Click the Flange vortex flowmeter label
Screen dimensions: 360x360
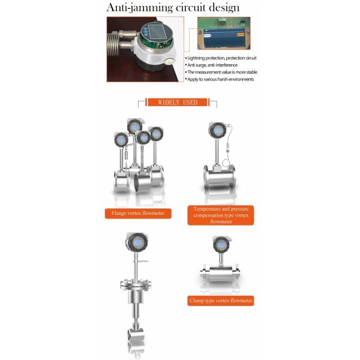[x=138, y=212]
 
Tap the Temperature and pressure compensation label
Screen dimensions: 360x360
[x=220, y=214]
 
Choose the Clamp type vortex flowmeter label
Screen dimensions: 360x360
[x=220, y=300]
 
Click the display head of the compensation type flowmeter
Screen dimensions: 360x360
[x=215, y=129]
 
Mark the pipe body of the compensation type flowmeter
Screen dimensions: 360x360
[x=220, y=178]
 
